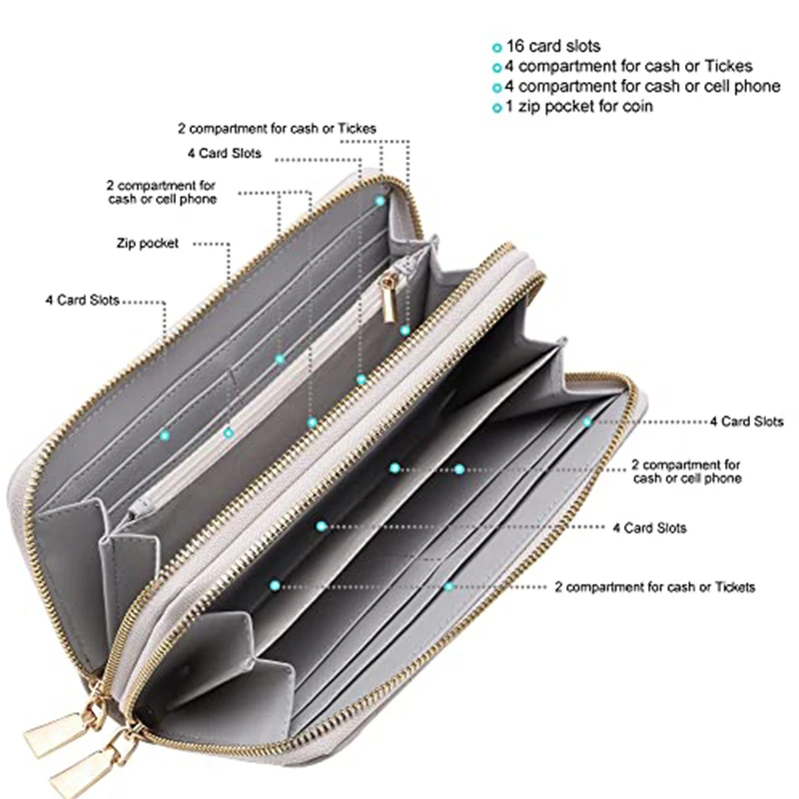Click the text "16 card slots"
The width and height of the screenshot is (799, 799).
(553, 47)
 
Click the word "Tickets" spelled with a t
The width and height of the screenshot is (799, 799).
(733, 586)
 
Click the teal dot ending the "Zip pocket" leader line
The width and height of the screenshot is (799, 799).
(228, 432)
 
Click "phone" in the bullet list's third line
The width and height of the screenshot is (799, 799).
(758, 86)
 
